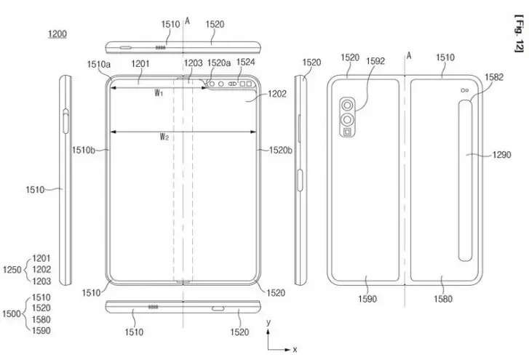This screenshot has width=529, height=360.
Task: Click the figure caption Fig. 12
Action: pyautogui.click(x=519, y=36)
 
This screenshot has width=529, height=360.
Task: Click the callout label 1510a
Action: pyautogui.click(x=99, y=65)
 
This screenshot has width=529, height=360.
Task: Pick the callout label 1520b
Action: pyautogui.click(x=280, y=151)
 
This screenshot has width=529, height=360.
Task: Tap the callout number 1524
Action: pyautogui.click(x=245, y=63)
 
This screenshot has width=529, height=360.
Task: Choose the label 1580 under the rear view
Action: pyautogui.click(x=443, y=299)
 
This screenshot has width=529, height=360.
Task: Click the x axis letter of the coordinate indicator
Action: pyautogui.click(x=295, y=349)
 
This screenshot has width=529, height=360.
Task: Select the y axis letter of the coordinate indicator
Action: pyautogui.click(x=269, y=321)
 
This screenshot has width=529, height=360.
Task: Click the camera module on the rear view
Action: pyautogui.click(x=348, y=115)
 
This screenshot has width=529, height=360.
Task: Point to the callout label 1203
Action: pyautogui.click(x=194, y=64)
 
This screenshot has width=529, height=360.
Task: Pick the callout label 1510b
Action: pyautogui.click(x=84, y=151)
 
